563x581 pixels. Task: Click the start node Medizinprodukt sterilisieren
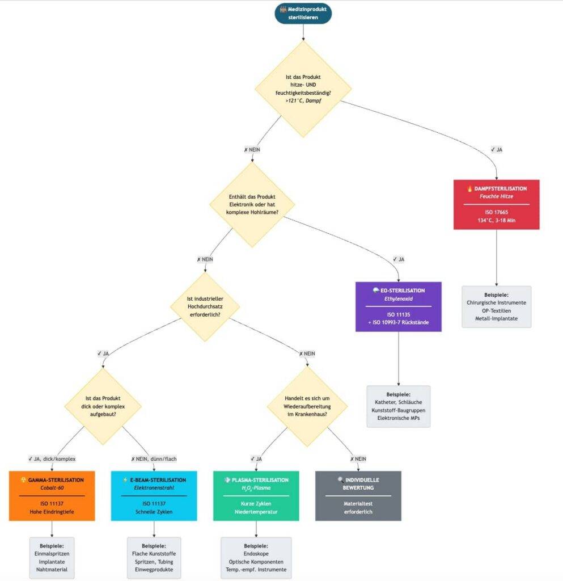(303, 13)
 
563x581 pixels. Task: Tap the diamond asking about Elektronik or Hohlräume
(253, 204)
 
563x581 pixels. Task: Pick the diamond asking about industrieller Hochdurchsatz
(205, 306)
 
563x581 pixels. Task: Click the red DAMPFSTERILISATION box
(496, 204)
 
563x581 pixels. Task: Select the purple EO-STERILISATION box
(398, 306)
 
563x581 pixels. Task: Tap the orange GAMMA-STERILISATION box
(52, 495)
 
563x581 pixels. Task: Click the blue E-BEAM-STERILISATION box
(154, 495)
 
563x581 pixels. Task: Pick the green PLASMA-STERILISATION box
(256, 495)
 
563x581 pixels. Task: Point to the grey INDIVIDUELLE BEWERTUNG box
(358, 495)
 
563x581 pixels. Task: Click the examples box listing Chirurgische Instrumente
(496, 306)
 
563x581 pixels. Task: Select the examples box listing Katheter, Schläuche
(398, 406)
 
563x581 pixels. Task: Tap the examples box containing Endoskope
(256, 558)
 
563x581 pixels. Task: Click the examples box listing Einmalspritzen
(52, 558)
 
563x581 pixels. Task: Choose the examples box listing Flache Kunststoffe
(154, 558)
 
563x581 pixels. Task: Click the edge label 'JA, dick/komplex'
(52, 458)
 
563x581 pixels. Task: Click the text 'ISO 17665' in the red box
(496, 210)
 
